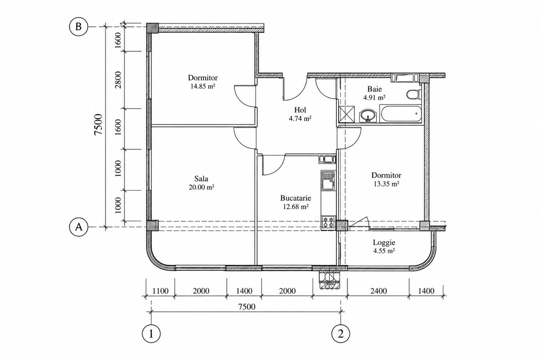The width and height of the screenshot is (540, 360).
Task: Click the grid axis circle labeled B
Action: (79, 27)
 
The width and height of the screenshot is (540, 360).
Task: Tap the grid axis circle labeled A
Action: (79, 227)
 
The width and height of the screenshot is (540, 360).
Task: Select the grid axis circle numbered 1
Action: (151, 334)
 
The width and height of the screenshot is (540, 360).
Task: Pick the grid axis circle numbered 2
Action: (341, 334)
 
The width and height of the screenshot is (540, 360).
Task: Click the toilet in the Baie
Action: (414, 94)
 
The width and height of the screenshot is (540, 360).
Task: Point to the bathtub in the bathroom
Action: (400, 113)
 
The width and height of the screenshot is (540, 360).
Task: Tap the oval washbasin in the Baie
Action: (368, 116)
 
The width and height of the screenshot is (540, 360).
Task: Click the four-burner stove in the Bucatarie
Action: (328, 222)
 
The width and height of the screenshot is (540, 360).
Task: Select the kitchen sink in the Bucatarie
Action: (328, 181)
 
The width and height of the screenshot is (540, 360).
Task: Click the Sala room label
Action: (201, 179)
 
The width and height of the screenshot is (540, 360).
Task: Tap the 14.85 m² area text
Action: (203, 86)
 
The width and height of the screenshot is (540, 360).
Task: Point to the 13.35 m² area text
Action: (387, 184)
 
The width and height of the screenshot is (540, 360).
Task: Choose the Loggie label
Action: (384, 243)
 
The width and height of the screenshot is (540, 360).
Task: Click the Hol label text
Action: (300, 110)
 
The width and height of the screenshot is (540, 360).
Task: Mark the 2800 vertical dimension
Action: (118, 80)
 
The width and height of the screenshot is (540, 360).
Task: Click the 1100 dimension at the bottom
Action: (160, 291)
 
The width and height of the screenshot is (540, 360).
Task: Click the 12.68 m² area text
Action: (296, 207)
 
